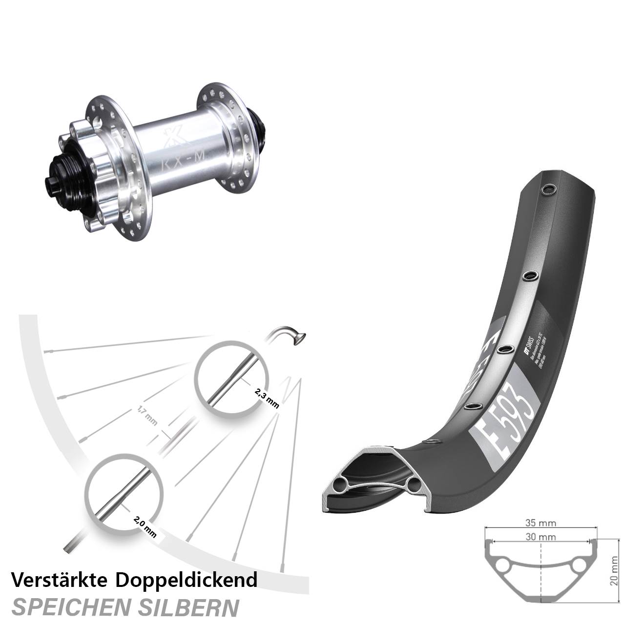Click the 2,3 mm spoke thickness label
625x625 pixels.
[x=266, y=397]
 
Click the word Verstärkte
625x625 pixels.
[x=59, y=580]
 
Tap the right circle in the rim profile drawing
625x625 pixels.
[x=579, y=565]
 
